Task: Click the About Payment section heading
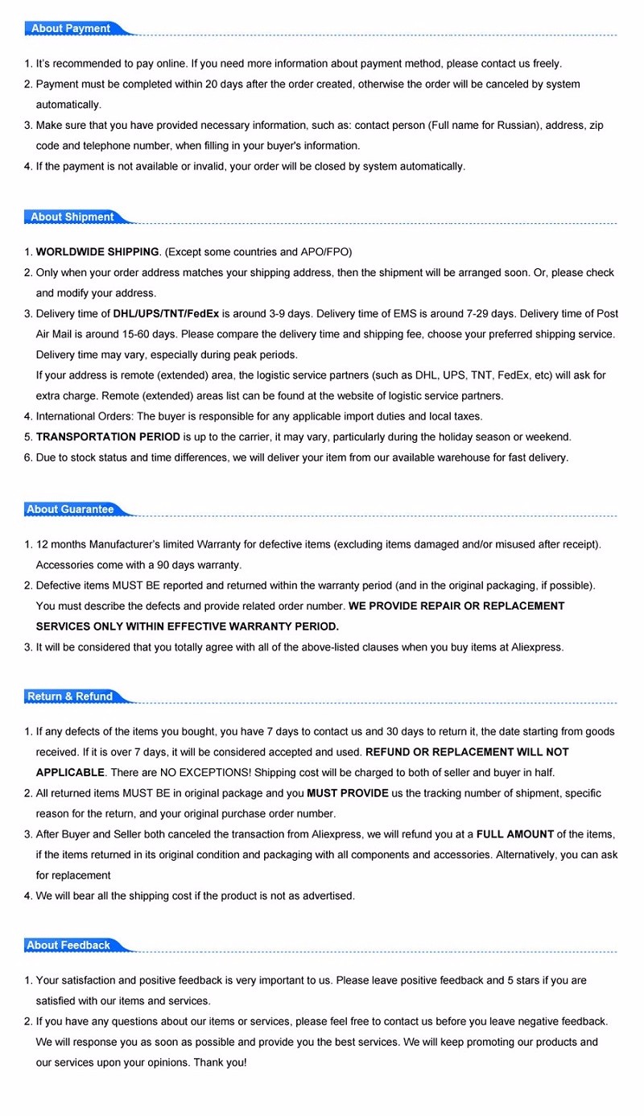pos(71,29)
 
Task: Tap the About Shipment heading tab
pos(72,217)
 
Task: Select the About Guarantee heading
pos(70,510)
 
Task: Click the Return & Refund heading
pos(70,696)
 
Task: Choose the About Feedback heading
pos(68,945)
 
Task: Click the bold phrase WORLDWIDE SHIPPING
pos(97,252)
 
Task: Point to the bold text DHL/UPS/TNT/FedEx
pos(166,314)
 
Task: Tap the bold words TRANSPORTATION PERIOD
pos(108,437)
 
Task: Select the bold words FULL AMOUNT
pos(514,834)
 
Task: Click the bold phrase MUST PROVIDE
pos(348,793)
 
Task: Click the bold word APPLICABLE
pos(70,773)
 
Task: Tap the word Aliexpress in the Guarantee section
pos(538,647)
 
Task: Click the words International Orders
pos(85,417)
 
